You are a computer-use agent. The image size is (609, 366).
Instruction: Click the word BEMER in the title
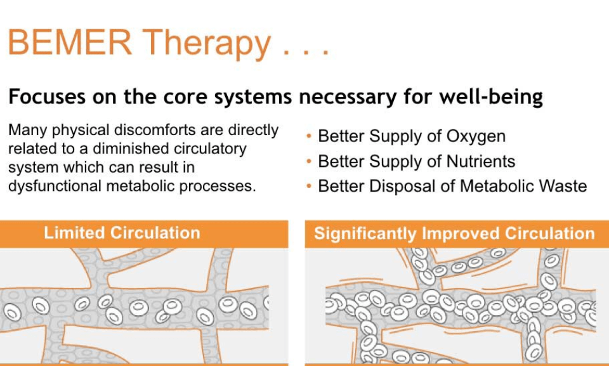click(x=70, y=42)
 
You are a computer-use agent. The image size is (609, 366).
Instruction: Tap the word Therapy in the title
click(x=207, y=44)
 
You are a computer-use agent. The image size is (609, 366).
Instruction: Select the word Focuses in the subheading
click(x=46, y=97)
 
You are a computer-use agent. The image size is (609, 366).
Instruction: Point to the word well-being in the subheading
click(x=491, y=97)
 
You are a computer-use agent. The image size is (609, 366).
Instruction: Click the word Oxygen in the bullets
click(x=476, y=137)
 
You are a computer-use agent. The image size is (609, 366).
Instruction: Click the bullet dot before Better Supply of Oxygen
click(x=309, y=136)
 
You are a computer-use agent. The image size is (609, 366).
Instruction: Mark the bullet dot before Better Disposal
click(x=309, y=186)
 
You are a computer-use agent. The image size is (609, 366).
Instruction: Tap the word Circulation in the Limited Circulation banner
click(x=155, y=233)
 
